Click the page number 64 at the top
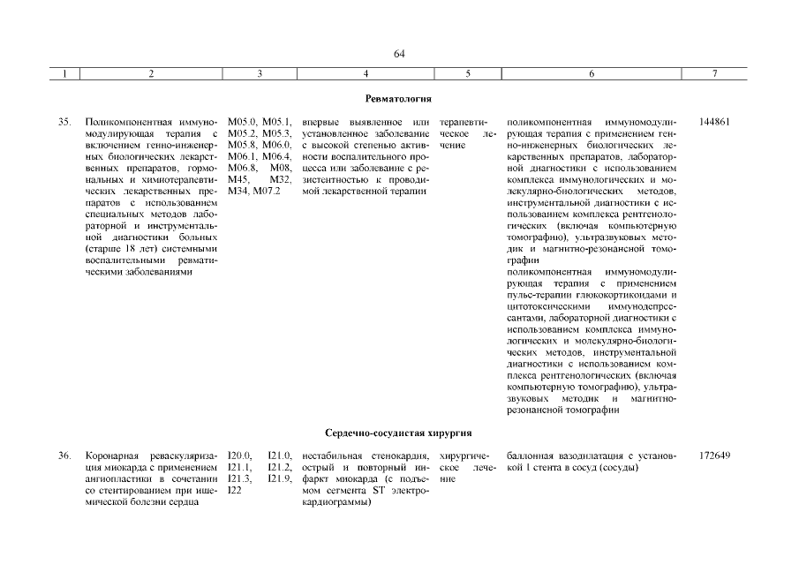coord(399,55)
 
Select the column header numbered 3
coord(259,75)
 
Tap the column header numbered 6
coord(591,75)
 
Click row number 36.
coord(64,456)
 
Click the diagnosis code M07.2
coord(266,191)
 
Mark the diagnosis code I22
coord(234,490)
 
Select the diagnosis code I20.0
coord(240,456)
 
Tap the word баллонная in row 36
coord(533,456)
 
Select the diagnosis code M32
coord(283,179)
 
